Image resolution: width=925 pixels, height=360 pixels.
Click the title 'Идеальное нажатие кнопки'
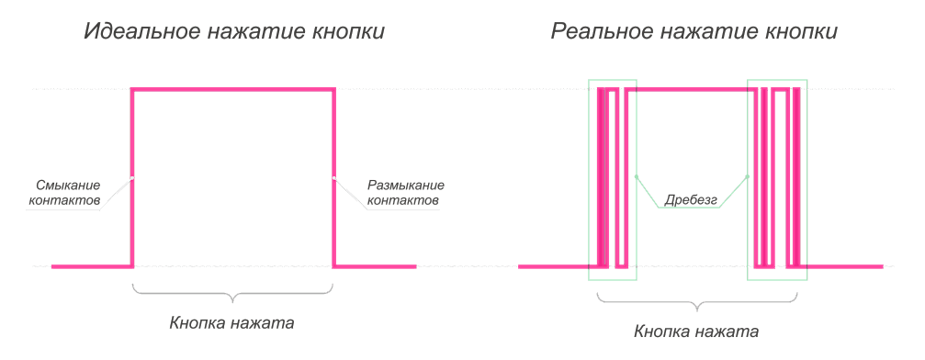pos(233,32)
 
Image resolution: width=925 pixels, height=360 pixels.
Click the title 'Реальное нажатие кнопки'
pos(694,32)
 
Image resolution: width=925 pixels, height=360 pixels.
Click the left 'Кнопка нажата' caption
pos(231,323)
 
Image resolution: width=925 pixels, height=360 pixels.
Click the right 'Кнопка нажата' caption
pos(696,330)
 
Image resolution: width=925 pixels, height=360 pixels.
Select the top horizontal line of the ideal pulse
pos(233,89)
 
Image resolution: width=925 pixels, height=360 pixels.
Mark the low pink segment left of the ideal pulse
pos(92,266)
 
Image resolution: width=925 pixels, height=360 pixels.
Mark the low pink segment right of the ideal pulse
pos(375,266)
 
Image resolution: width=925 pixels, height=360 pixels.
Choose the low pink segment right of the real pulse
pos(845,266)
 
